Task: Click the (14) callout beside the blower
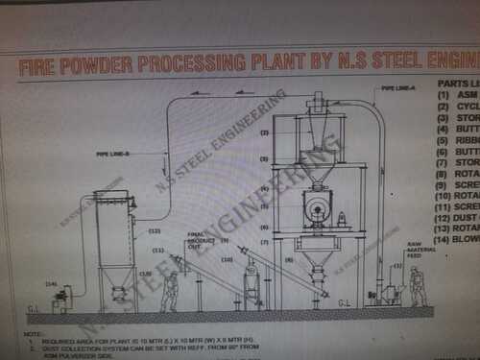coord(51,284)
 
